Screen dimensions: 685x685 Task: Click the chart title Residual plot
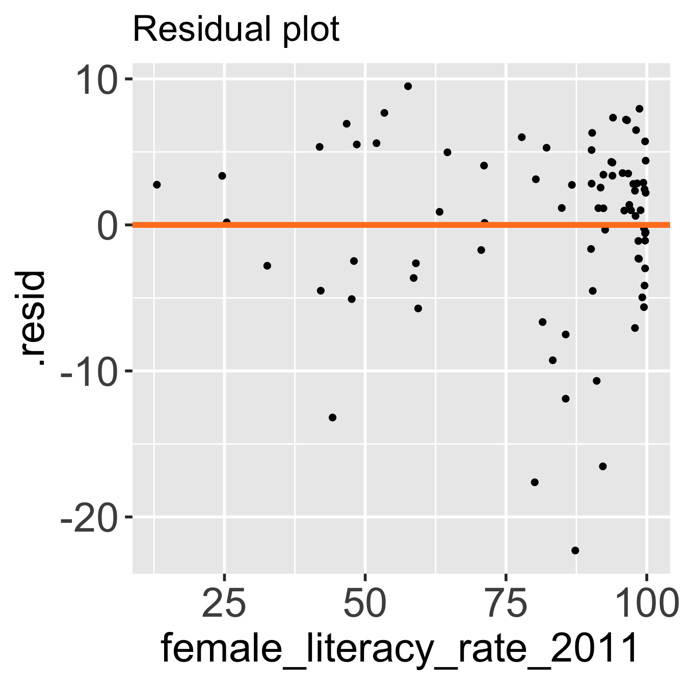click(235, 30)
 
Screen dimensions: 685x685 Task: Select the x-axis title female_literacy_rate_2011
click(400, 648)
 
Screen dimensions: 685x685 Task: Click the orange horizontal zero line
click(306, 225)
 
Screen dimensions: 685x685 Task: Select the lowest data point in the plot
click(575, 550)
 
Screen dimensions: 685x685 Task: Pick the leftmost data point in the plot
click(156, 185)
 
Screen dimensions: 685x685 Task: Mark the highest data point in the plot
click(408, 86)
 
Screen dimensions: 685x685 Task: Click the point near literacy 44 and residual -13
click(332, 417)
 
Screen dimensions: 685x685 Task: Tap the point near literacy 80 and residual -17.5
click(535, 482)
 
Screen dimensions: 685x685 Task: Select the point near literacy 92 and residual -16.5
click(603, 466)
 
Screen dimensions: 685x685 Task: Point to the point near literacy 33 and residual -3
click(267, 266)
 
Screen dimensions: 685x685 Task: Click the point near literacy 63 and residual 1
click(439, 212)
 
